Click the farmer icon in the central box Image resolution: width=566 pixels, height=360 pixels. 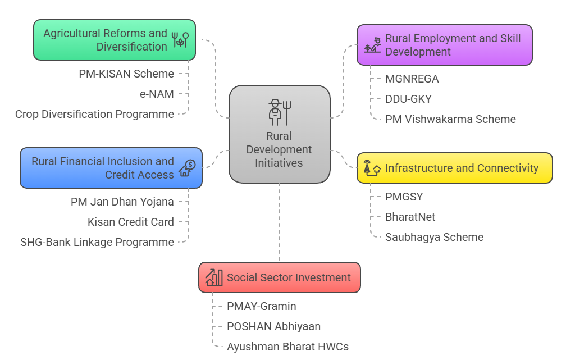[x=279, y=112]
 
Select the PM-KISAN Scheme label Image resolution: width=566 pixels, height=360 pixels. [x=126, y=74]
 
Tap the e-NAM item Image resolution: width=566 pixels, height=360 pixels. [x=157, y=94]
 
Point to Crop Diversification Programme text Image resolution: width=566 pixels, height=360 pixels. [x=94, y=114]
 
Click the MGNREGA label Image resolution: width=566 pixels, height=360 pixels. [x=412, y=79]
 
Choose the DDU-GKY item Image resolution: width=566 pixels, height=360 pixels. [x=408, y=99]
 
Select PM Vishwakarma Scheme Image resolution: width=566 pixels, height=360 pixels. [x=450, y=119]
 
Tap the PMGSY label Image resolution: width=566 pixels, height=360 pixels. [x=404, y=197]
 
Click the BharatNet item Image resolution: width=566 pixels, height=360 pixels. [x=410, y=217]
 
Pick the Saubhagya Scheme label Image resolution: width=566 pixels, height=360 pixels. [x=434, y=237]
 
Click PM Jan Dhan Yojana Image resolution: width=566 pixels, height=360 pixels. [x=122, y=202]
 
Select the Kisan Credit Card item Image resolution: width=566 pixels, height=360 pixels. [x=130, y=222]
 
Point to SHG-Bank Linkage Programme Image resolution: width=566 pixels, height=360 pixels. [x=97, y=242]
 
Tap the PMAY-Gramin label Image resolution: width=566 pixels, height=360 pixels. [x=261, y=306]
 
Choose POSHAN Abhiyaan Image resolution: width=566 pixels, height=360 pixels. [x=273, y=326]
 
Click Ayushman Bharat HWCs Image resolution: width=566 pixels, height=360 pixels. [x=287, y=347]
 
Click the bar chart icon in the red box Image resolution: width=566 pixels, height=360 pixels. [x=214, y=277]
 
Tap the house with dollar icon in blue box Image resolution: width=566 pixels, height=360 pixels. [x=187, y=168]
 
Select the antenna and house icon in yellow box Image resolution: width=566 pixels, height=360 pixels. [x=372, y=168]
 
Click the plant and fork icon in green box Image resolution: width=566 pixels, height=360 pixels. [x=180, y=40]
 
